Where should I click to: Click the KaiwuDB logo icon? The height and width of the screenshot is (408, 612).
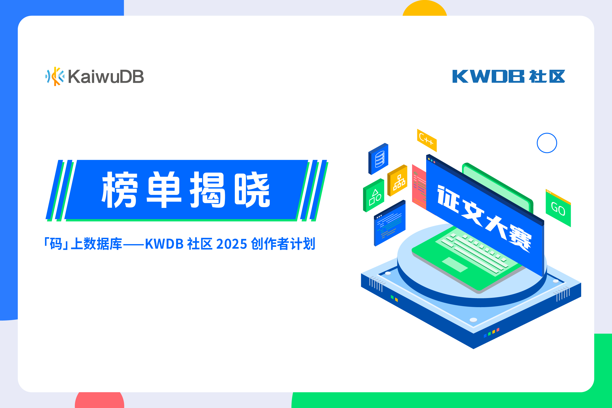point(55,77)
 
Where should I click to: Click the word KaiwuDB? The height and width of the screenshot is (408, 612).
point(106,77)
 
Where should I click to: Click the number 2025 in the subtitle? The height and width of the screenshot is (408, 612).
point(231,244)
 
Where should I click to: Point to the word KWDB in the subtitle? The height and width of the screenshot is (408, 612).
point(164,244)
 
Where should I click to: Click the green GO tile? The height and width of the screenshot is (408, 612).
point(558,208)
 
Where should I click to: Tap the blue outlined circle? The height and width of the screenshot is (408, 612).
point(547,143)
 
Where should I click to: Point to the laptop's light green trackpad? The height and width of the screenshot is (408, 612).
point(455,265)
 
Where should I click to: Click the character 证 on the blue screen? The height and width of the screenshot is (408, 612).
point(448,199)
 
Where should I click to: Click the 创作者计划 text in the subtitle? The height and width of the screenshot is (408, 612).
point(283,244)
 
